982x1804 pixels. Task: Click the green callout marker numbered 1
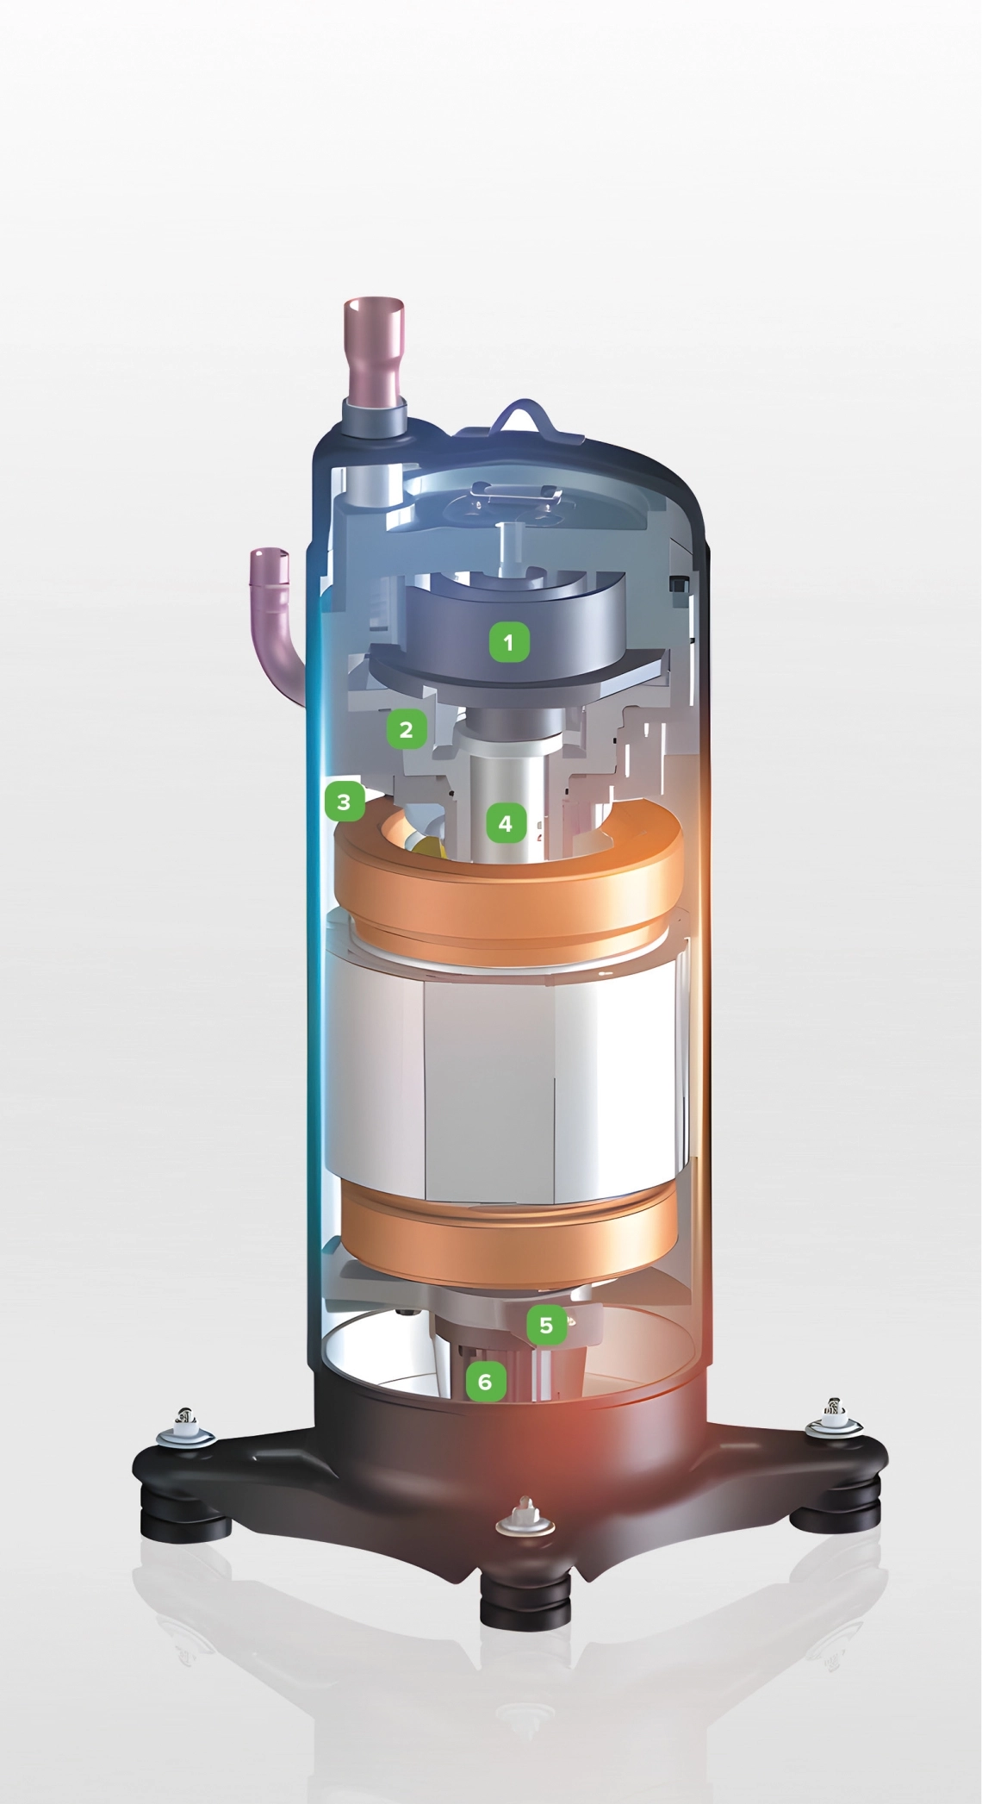click(x=508, y=642)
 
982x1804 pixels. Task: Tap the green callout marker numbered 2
click(x=406, y=730)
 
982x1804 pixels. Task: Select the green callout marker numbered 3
click(x=344, y=802)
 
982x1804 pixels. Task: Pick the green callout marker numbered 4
click(x=505, y=823)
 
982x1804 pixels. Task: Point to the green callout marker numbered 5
click(x=546, y=1325)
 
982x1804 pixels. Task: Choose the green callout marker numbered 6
click(x=485, y=1382)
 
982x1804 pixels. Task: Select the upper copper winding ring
click(x=508, y=896)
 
